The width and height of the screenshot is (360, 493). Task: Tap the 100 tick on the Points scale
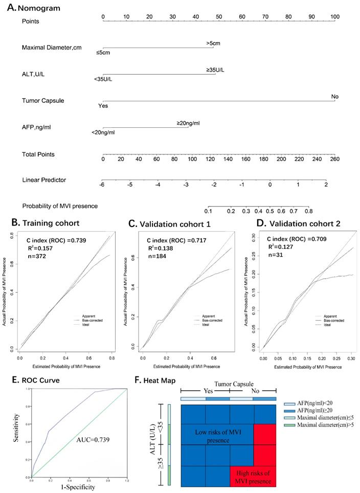click(x=334, y=16)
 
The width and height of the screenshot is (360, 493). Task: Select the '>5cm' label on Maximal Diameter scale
click(x=213, y=43)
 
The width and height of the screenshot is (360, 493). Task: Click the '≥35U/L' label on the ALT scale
click(x=215, y=70)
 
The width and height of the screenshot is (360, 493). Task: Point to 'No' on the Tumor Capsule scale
click(x=335, y=96)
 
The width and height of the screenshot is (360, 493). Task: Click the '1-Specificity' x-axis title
click(x=78, y=488)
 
